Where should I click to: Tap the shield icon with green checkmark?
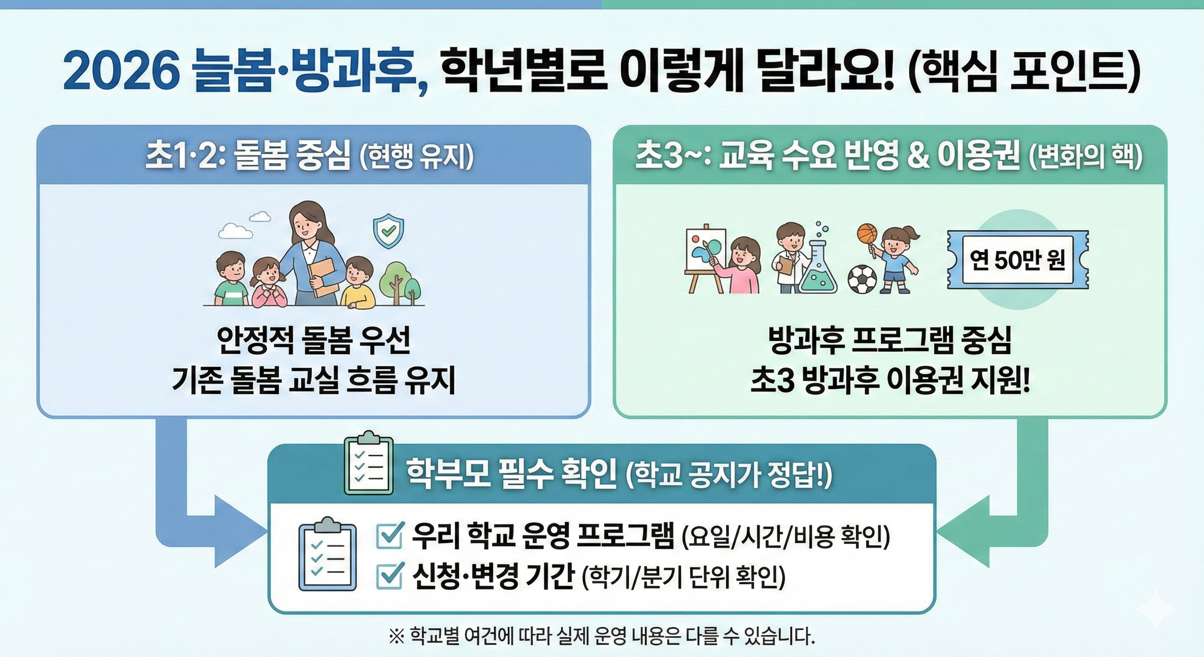[388, 231]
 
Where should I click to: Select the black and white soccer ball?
[862, 279]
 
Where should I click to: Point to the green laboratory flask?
[817, 271]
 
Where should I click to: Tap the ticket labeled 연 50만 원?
[1017, 260]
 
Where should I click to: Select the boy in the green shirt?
[230, 279]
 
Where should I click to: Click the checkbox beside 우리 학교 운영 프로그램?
[389, 536]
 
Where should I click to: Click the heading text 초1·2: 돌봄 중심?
[248, 156]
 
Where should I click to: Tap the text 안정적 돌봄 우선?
[314, 340]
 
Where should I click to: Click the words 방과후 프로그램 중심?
[889, 340]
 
